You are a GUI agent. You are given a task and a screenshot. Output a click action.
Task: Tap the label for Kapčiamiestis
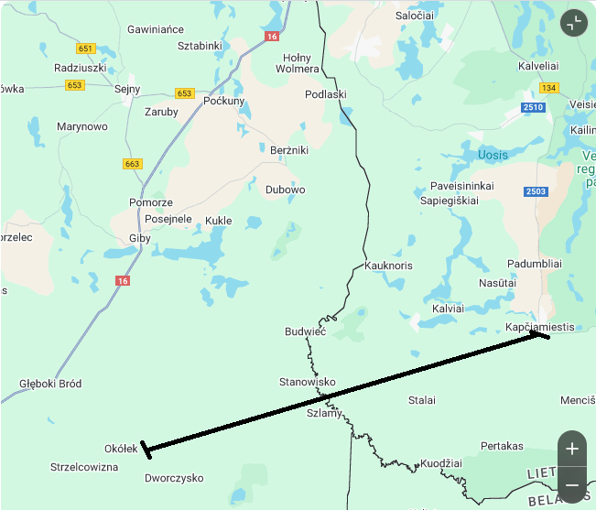click(x=539, y=327)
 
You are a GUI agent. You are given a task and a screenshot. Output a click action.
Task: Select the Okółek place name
click(x=121, y=449)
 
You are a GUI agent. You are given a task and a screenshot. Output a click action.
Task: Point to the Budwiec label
click(x=305, y=331)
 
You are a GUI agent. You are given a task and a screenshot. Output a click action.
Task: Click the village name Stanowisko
click(x=307, y=382)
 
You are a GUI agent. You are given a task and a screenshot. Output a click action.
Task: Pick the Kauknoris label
click(x=388, y=266)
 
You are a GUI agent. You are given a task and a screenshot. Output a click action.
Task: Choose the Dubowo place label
click(x=285, y=190)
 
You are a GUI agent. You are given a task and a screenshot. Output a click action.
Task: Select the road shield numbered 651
click(x=86, y=49)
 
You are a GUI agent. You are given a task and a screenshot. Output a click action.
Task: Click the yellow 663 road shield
click(x=133, y=164)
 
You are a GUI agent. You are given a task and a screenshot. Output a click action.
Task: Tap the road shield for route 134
click(x=548, y=88)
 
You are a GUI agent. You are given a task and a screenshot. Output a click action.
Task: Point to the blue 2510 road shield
click(x=533, y=107)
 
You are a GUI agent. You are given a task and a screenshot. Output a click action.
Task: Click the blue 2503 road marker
click(x=536, y=190)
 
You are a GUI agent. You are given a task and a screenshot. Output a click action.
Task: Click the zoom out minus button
click(x=572, y=484)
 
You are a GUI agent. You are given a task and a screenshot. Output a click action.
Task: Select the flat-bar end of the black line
click(x=146, y=450)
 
